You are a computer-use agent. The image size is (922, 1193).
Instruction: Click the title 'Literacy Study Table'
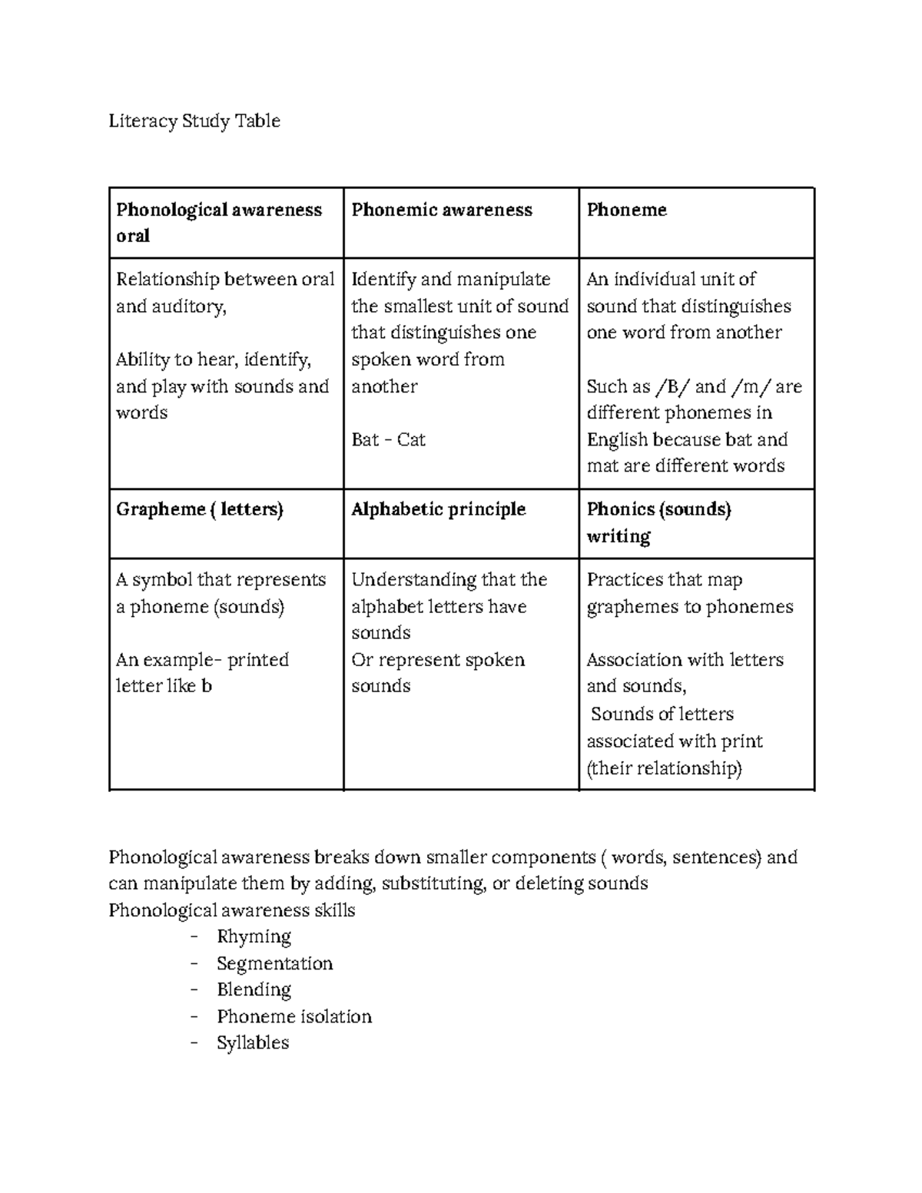point(194,121)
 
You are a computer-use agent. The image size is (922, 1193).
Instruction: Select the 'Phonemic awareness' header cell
point(441,210)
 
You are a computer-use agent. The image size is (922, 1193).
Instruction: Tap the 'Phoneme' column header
point(626,210)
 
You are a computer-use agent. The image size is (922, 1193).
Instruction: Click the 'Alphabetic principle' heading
point(438,509)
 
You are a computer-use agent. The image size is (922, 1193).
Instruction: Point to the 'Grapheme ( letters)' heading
point(199,509)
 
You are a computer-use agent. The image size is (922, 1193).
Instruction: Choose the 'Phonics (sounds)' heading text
point(658,509)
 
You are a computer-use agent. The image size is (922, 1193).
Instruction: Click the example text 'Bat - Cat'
point(388,440)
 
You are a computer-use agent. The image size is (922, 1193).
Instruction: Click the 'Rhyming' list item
point(254,937)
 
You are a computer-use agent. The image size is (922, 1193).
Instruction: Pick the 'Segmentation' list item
point(274,963)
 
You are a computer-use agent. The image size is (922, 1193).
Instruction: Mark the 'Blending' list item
point(254,990)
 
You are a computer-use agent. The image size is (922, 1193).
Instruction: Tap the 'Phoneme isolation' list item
point(294,1017)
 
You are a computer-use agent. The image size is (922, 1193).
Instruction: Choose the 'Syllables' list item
point(253,1043)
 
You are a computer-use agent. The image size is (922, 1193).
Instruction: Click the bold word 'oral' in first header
point(133,237)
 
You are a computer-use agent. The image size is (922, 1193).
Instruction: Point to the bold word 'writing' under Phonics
point(619,536)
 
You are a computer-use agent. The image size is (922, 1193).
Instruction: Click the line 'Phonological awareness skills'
point(231,911)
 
